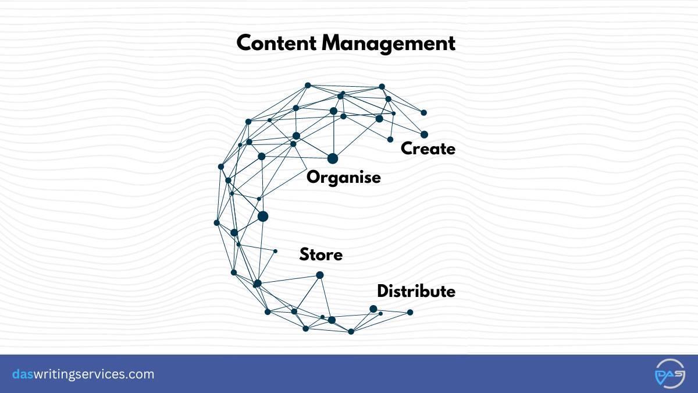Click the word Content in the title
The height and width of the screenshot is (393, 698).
(276, 43)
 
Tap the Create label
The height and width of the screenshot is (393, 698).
(428, 149)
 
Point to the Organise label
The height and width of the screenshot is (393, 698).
(344, 178)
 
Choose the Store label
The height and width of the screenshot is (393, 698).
(321, 255)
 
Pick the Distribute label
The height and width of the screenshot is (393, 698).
(416, 291)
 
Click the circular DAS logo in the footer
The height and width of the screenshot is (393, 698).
(670, 374)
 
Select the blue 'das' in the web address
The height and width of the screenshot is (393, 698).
(23, 374)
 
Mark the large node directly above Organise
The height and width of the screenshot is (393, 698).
(333, 158)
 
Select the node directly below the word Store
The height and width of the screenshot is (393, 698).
(319, 275)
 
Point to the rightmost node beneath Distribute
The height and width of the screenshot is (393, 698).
(410, 312)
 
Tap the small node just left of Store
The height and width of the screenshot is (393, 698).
(275, 251)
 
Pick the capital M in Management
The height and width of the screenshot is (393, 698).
(333, 44)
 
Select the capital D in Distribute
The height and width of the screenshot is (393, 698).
(383, 291)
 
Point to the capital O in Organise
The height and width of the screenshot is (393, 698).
(314, 178)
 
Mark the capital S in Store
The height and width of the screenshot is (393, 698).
(304, 255)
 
